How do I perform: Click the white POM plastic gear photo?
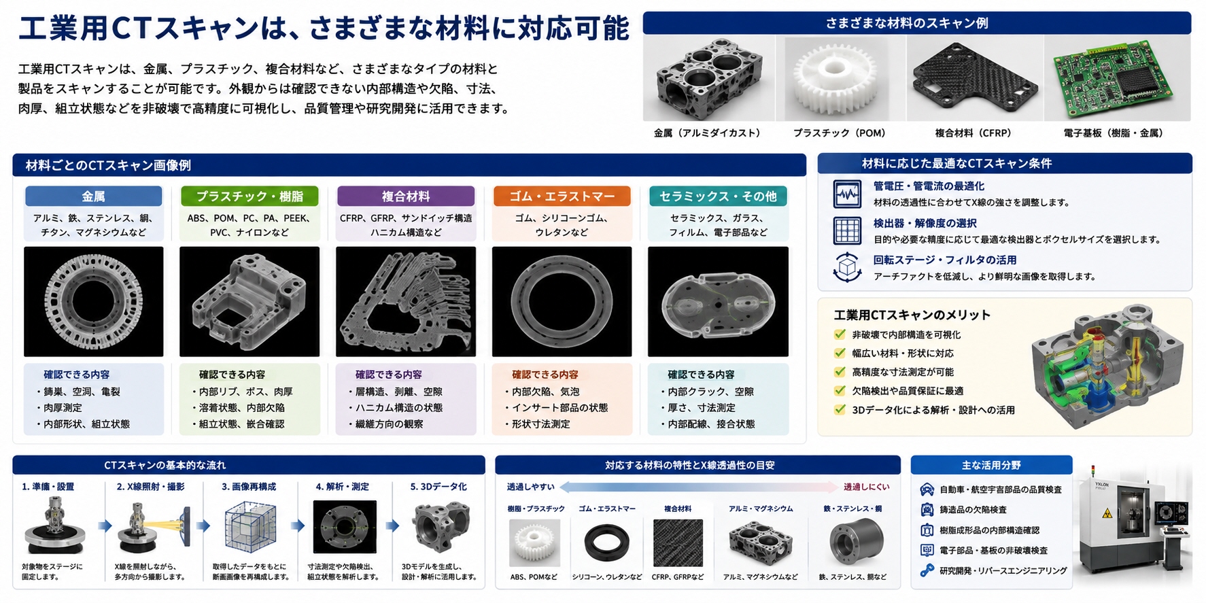pos(835,79)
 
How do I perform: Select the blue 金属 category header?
pos(94,196)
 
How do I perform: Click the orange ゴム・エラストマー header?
pos(562,196)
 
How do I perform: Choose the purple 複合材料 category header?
pos(406,196)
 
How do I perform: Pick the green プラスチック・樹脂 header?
pos(249,196)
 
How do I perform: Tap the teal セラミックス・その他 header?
pos(718,196)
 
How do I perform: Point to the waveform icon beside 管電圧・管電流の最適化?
pos(847,194)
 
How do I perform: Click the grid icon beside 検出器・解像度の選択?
pos(847,230)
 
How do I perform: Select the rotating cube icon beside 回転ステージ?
pos(847,267)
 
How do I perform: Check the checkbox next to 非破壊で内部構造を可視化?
pos(840,334)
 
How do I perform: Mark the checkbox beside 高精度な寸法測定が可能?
pos(840,372)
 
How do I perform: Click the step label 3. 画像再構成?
pos(249,487)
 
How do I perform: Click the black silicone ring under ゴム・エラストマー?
pos(606,543)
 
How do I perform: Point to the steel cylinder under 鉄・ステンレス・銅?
pos(855,542)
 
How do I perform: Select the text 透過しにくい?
pos(866,487)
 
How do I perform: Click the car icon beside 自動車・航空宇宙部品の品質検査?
pos(927,489)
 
